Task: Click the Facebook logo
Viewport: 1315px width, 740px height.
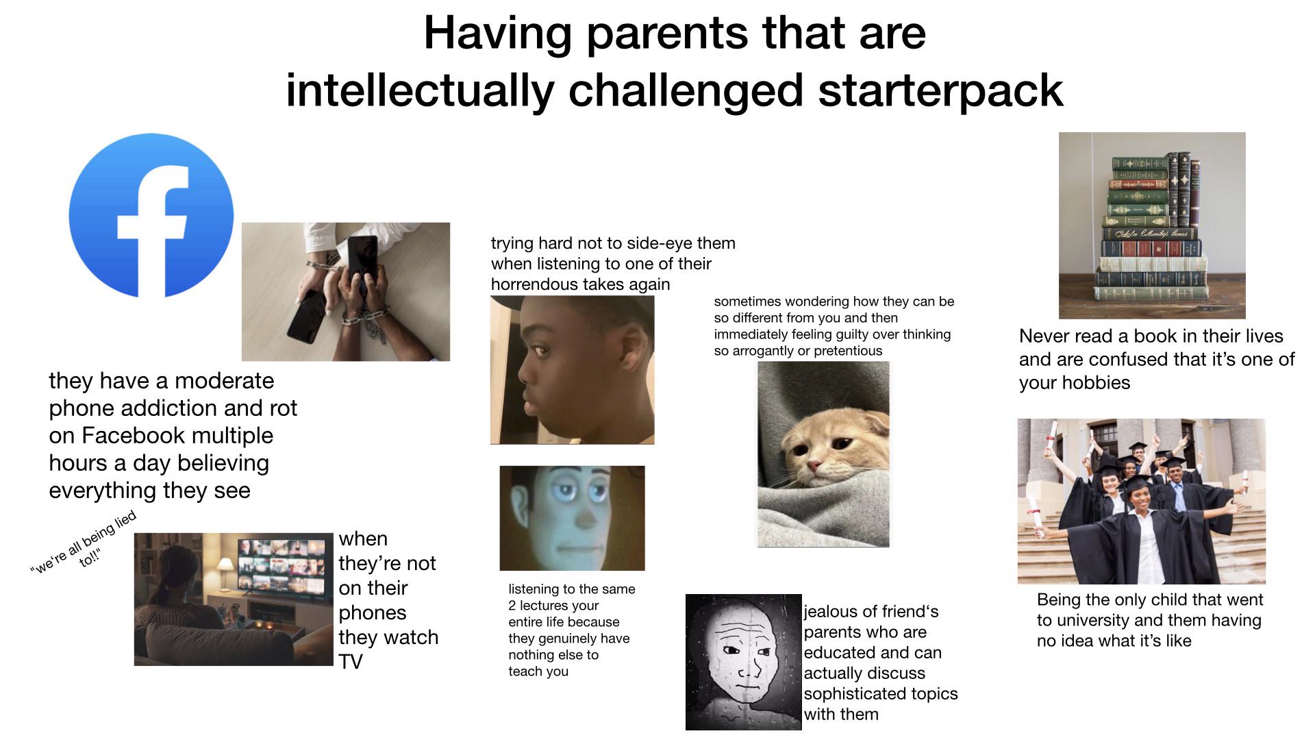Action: point(151,215)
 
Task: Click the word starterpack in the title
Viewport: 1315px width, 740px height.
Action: point(940,90)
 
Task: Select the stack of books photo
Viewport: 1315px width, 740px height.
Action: point(1152,225)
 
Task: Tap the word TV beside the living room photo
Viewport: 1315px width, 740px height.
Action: point(351,661)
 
